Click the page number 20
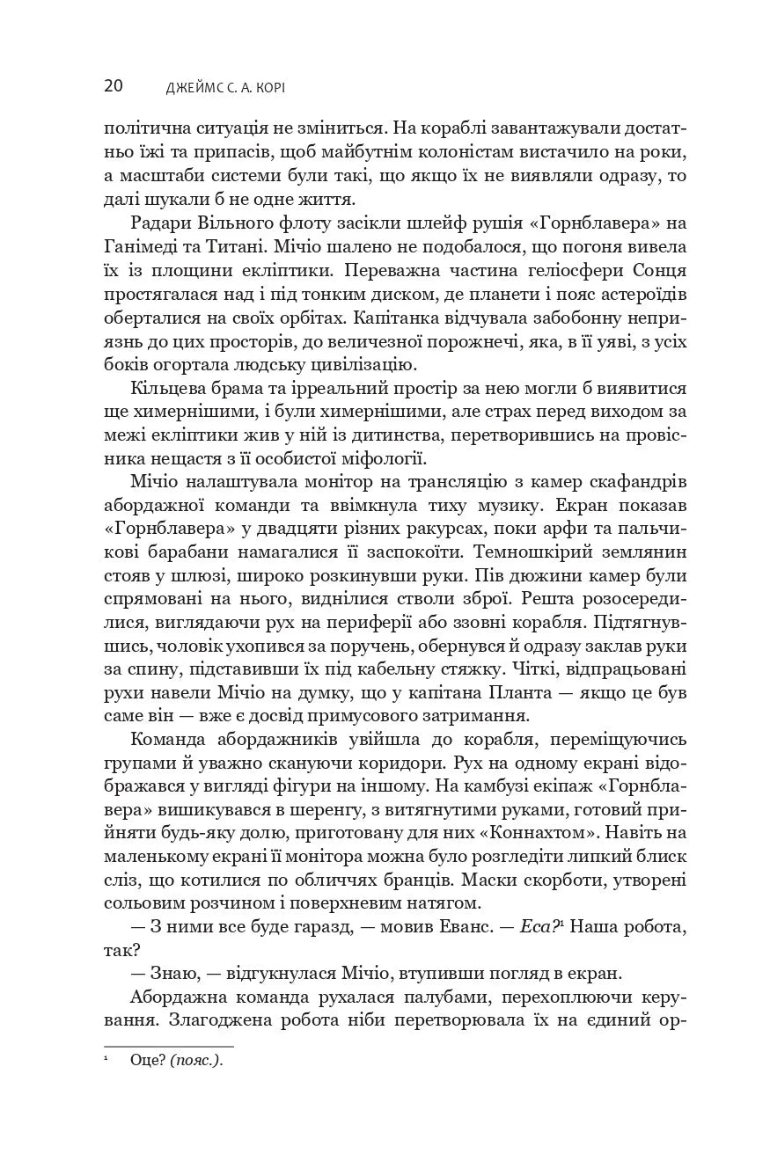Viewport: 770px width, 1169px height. (113, 85)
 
